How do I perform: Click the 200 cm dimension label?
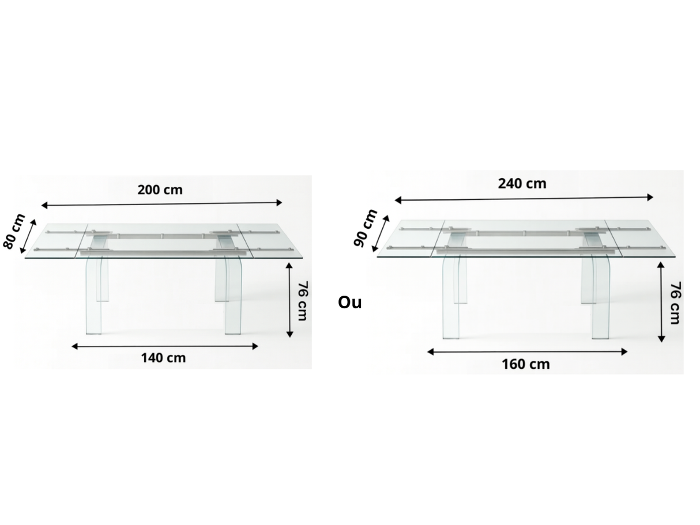click(160, 190)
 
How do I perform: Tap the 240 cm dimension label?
click(522, 183)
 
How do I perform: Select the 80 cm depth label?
click(14, 231)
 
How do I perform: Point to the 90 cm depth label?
click(365, 228)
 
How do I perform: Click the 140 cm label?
click(164, 358)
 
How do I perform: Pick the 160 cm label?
click(525, 364)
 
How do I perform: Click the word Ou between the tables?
click(350, 302)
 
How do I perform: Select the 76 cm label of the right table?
click(674, 303)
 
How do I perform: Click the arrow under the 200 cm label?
click(161, 203)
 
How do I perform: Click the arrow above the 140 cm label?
click(165, 346)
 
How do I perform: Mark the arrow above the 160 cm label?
click(527, 352)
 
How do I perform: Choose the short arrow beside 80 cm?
click(28, 236)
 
